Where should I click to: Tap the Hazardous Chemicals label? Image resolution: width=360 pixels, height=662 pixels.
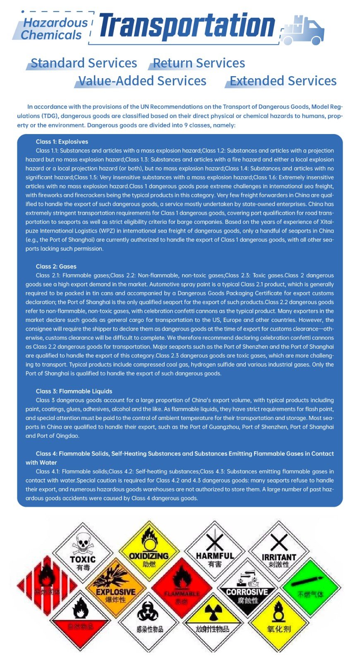coord(55,29)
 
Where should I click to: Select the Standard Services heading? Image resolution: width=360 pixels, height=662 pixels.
coord(84,63)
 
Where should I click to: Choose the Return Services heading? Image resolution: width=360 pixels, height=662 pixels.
coord(199,63)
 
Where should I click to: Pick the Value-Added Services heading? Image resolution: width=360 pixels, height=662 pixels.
coord(142,81)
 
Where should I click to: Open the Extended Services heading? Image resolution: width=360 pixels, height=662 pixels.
coord(283,81)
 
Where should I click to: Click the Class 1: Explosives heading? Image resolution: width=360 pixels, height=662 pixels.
coord(62,142)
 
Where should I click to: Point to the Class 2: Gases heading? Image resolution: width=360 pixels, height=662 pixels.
coord(56,266)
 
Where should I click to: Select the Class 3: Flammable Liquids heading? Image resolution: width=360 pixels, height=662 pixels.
coord(74,391)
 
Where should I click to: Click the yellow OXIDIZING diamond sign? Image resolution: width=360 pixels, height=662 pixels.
coord(149,550)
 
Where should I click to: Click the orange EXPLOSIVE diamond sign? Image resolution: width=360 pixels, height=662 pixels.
coord(116,587)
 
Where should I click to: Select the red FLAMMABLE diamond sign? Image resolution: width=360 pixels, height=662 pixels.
coord(182,588)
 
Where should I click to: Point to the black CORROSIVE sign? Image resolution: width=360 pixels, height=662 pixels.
coord(247,588)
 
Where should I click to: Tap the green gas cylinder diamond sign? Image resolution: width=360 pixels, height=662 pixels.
coord(311,588)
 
